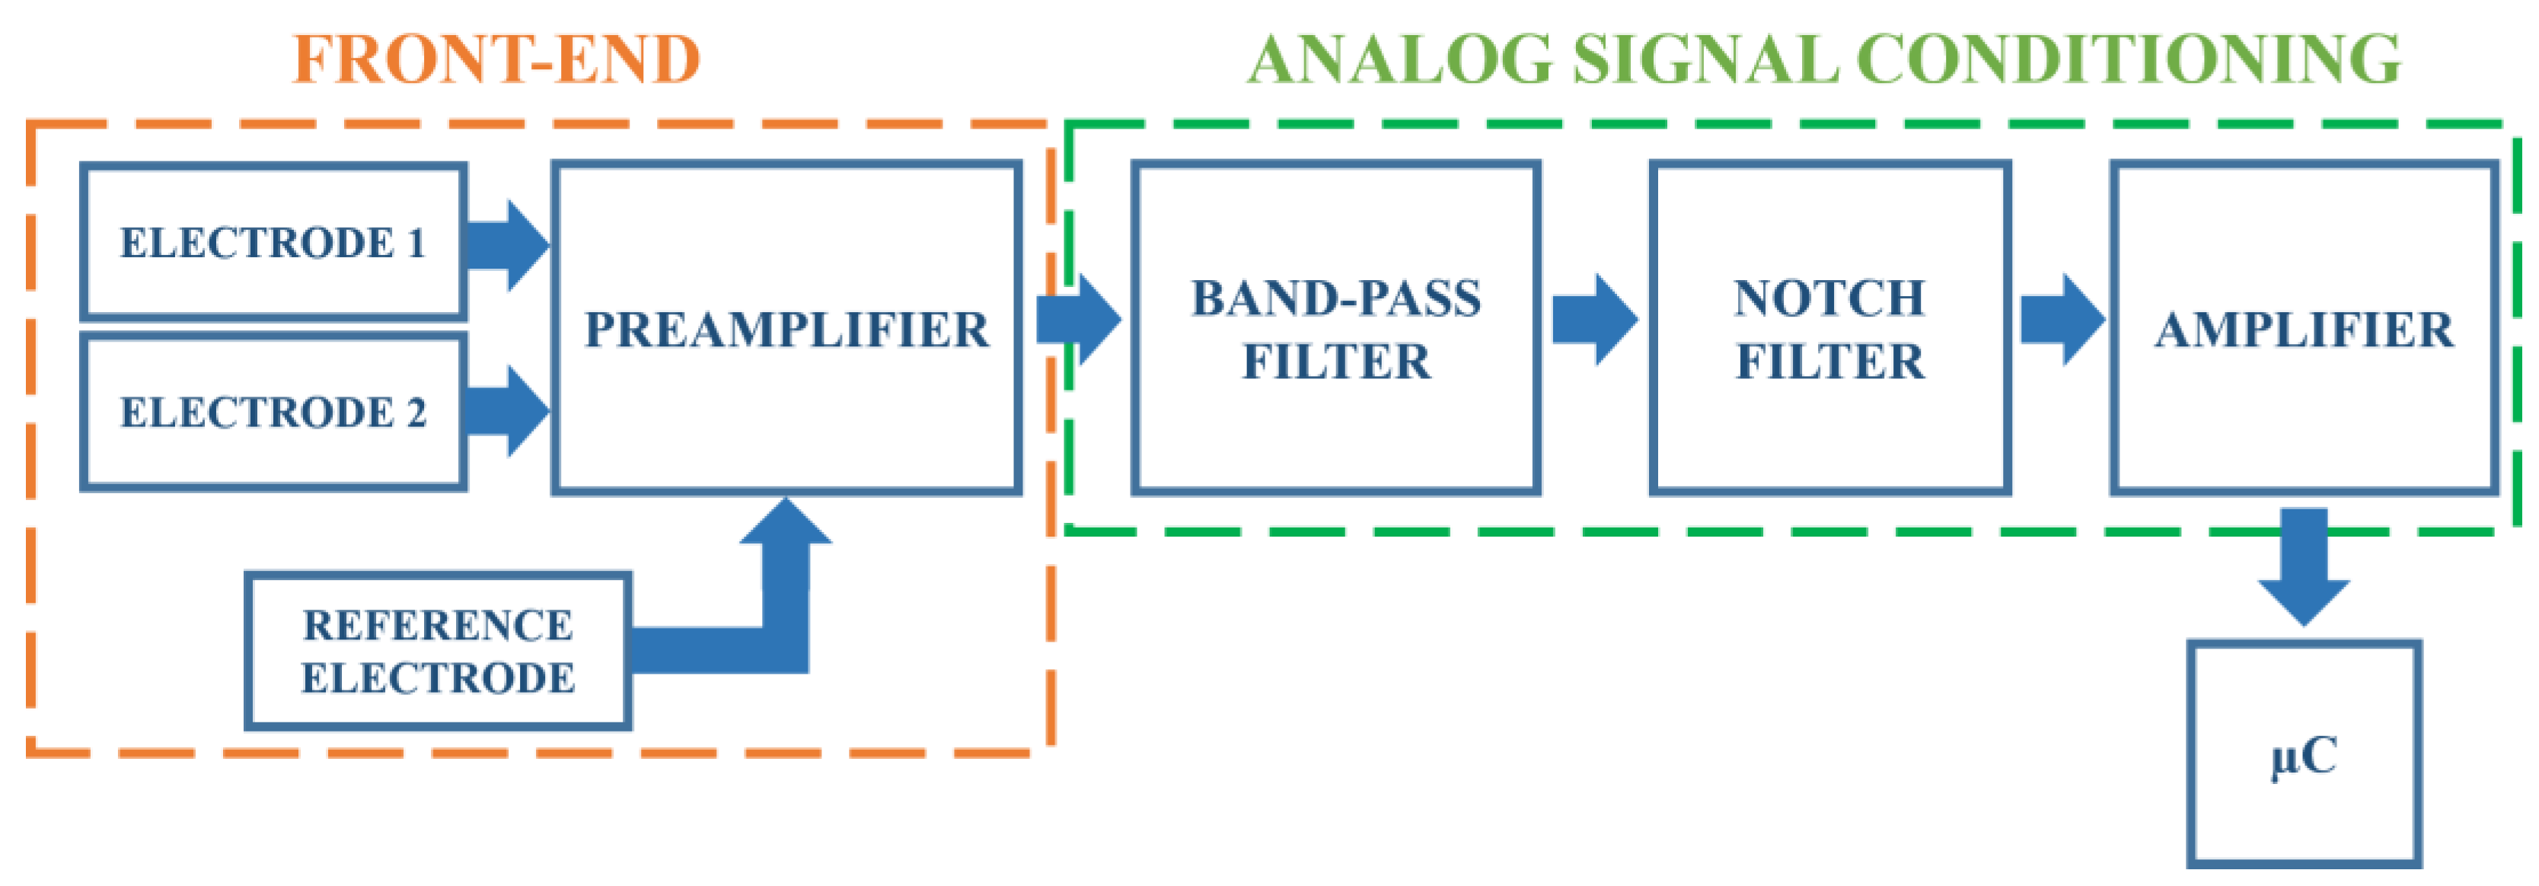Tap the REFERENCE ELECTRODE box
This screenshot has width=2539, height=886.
(438, 652)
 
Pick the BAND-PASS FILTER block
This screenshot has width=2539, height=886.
(1335, 328)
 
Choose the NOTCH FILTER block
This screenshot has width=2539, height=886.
(1829, 328)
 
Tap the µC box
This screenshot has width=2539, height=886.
(2304, 754)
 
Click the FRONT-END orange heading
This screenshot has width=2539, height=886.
(496, 59)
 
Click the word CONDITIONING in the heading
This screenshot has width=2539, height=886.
(2129, 59)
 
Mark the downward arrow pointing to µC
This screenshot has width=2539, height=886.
(2304, 566)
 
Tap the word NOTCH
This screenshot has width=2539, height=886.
(1829, 298)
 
